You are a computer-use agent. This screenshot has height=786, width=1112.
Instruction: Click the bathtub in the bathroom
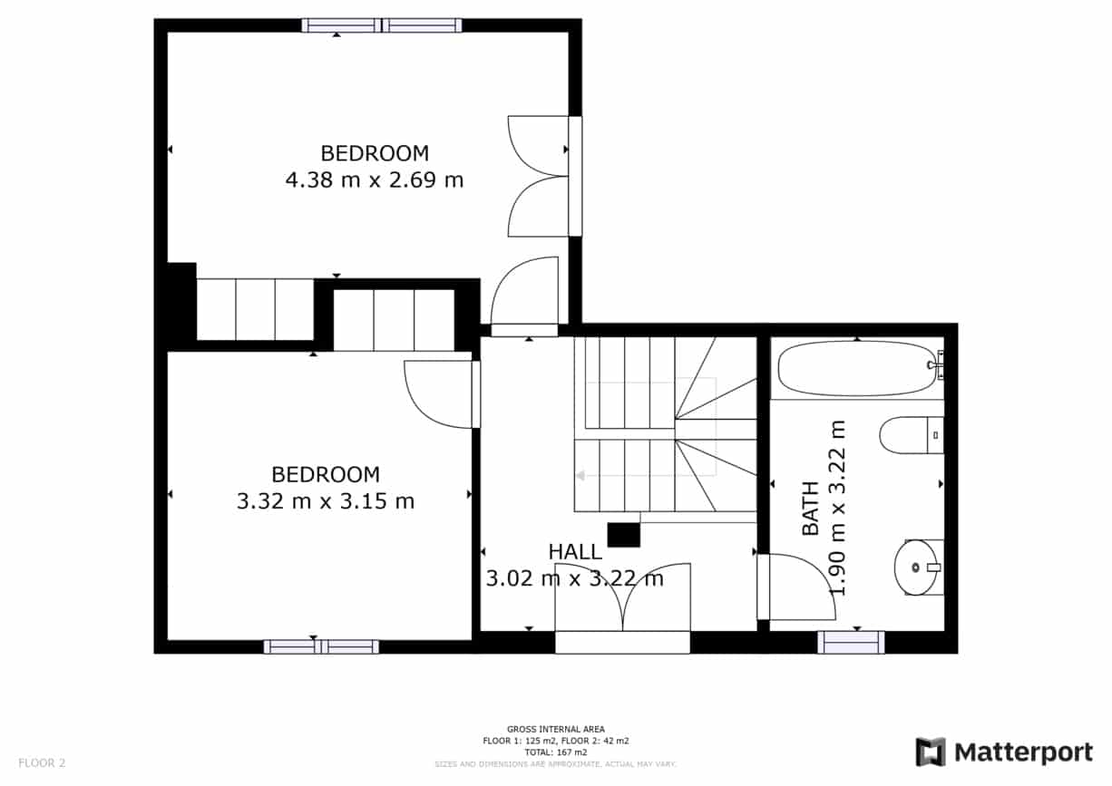point(856,368)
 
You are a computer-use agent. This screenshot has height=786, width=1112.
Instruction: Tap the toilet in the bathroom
point(910,434)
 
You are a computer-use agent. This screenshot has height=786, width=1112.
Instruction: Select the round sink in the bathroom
point(917,568)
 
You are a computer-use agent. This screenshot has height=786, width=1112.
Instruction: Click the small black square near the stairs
point(623,535)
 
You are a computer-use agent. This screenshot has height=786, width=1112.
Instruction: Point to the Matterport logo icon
point(930,752)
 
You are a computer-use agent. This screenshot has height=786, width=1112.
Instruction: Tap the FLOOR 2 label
point(42,762)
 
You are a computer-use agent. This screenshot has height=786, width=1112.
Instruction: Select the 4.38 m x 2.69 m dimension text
point(374,180)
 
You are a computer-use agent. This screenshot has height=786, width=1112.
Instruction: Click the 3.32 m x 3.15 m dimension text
point(325,500)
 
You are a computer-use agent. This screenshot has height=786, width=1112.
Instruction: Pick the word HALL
point(574,551)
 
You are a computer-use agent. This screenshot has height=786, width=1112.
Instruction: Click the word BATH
point(809,508)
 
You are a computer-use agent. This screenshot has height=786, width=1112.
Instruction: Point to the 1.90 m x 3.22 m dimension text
point(837,508)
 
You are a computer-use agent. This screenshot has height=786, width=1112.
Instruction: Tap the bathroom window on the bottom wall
point(850,642)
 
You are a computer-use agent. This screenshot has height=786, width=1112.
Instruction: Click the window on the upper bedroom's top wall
point(382,25)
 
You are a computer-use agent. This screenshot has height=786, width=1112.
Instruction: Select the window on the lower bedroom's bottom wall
point(321,646)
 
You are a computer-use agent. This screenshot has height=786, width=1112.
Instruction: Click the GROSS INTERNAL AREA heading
point(555,729)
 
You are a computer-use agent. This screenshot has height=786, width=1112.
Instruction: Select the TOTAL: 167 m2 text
point(555,752)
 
